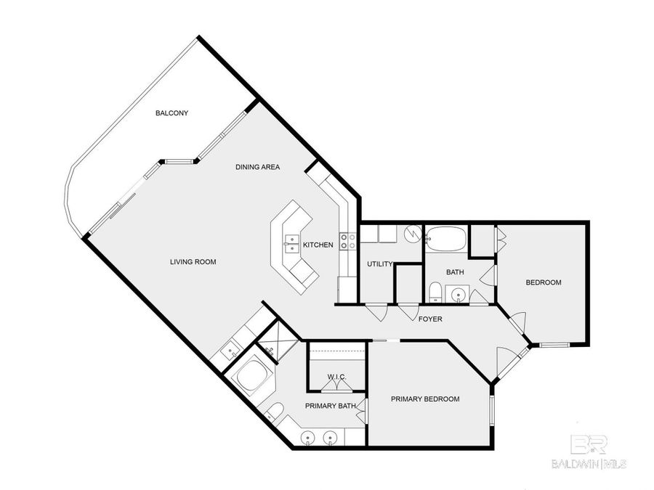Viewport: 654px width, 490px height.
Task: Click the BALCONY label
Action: point(172,113)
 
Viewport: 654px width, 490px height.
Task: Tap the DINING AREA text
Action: point(257,167)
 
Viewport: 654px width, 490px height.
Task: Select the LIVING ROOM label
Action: point(193,262)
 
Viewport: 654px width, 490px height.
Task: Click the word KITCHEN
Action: point(318,245)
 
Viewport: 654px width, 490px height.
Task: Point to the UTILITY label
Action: point(379,264)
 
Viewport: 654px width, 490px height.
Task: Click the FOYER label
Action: point(430,319)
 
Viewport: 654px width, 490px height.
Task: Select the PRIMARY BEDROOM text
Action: point(425,399)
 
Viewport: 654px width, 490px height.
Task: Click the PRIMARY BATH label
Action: point(329,406)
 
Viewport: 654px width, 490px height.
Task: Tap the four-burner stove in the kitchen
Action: point(347,242)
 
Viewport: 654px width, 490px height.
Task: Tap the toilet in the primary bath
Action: point(275,415)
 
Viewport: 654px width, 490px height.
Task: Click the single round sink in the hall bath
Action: point(458,295)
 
